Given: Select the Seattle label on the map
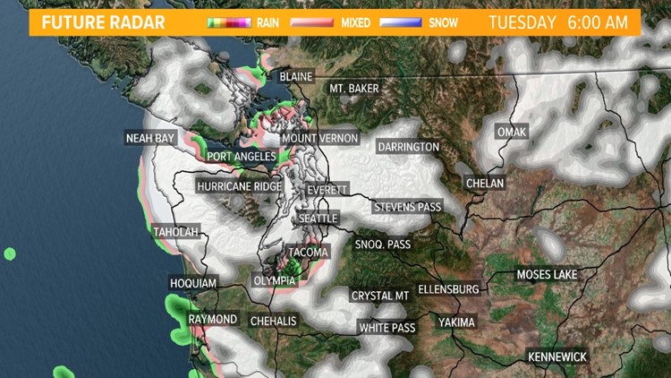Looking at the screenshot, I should [318, 219].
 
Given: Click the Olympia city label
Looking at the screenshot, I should [275, 280].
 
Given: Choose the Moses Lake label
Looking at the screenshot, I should [547, 274].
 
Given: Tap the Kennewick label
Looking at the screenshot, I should [557, 357].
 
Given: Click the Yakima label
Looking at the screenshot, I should [456, 322].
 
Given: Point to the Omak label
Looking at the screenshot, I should [513, 133].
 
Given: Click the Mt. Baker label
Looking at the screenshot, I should [354, 89].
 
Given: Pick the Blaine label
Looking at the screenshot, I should [295, 77].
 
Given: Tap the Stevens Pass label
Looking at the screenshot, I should [407, 207].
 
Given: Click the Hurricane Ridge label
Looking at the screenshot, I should [240, 186].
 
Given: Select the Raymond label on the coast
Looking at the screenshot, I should [213, 320].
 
